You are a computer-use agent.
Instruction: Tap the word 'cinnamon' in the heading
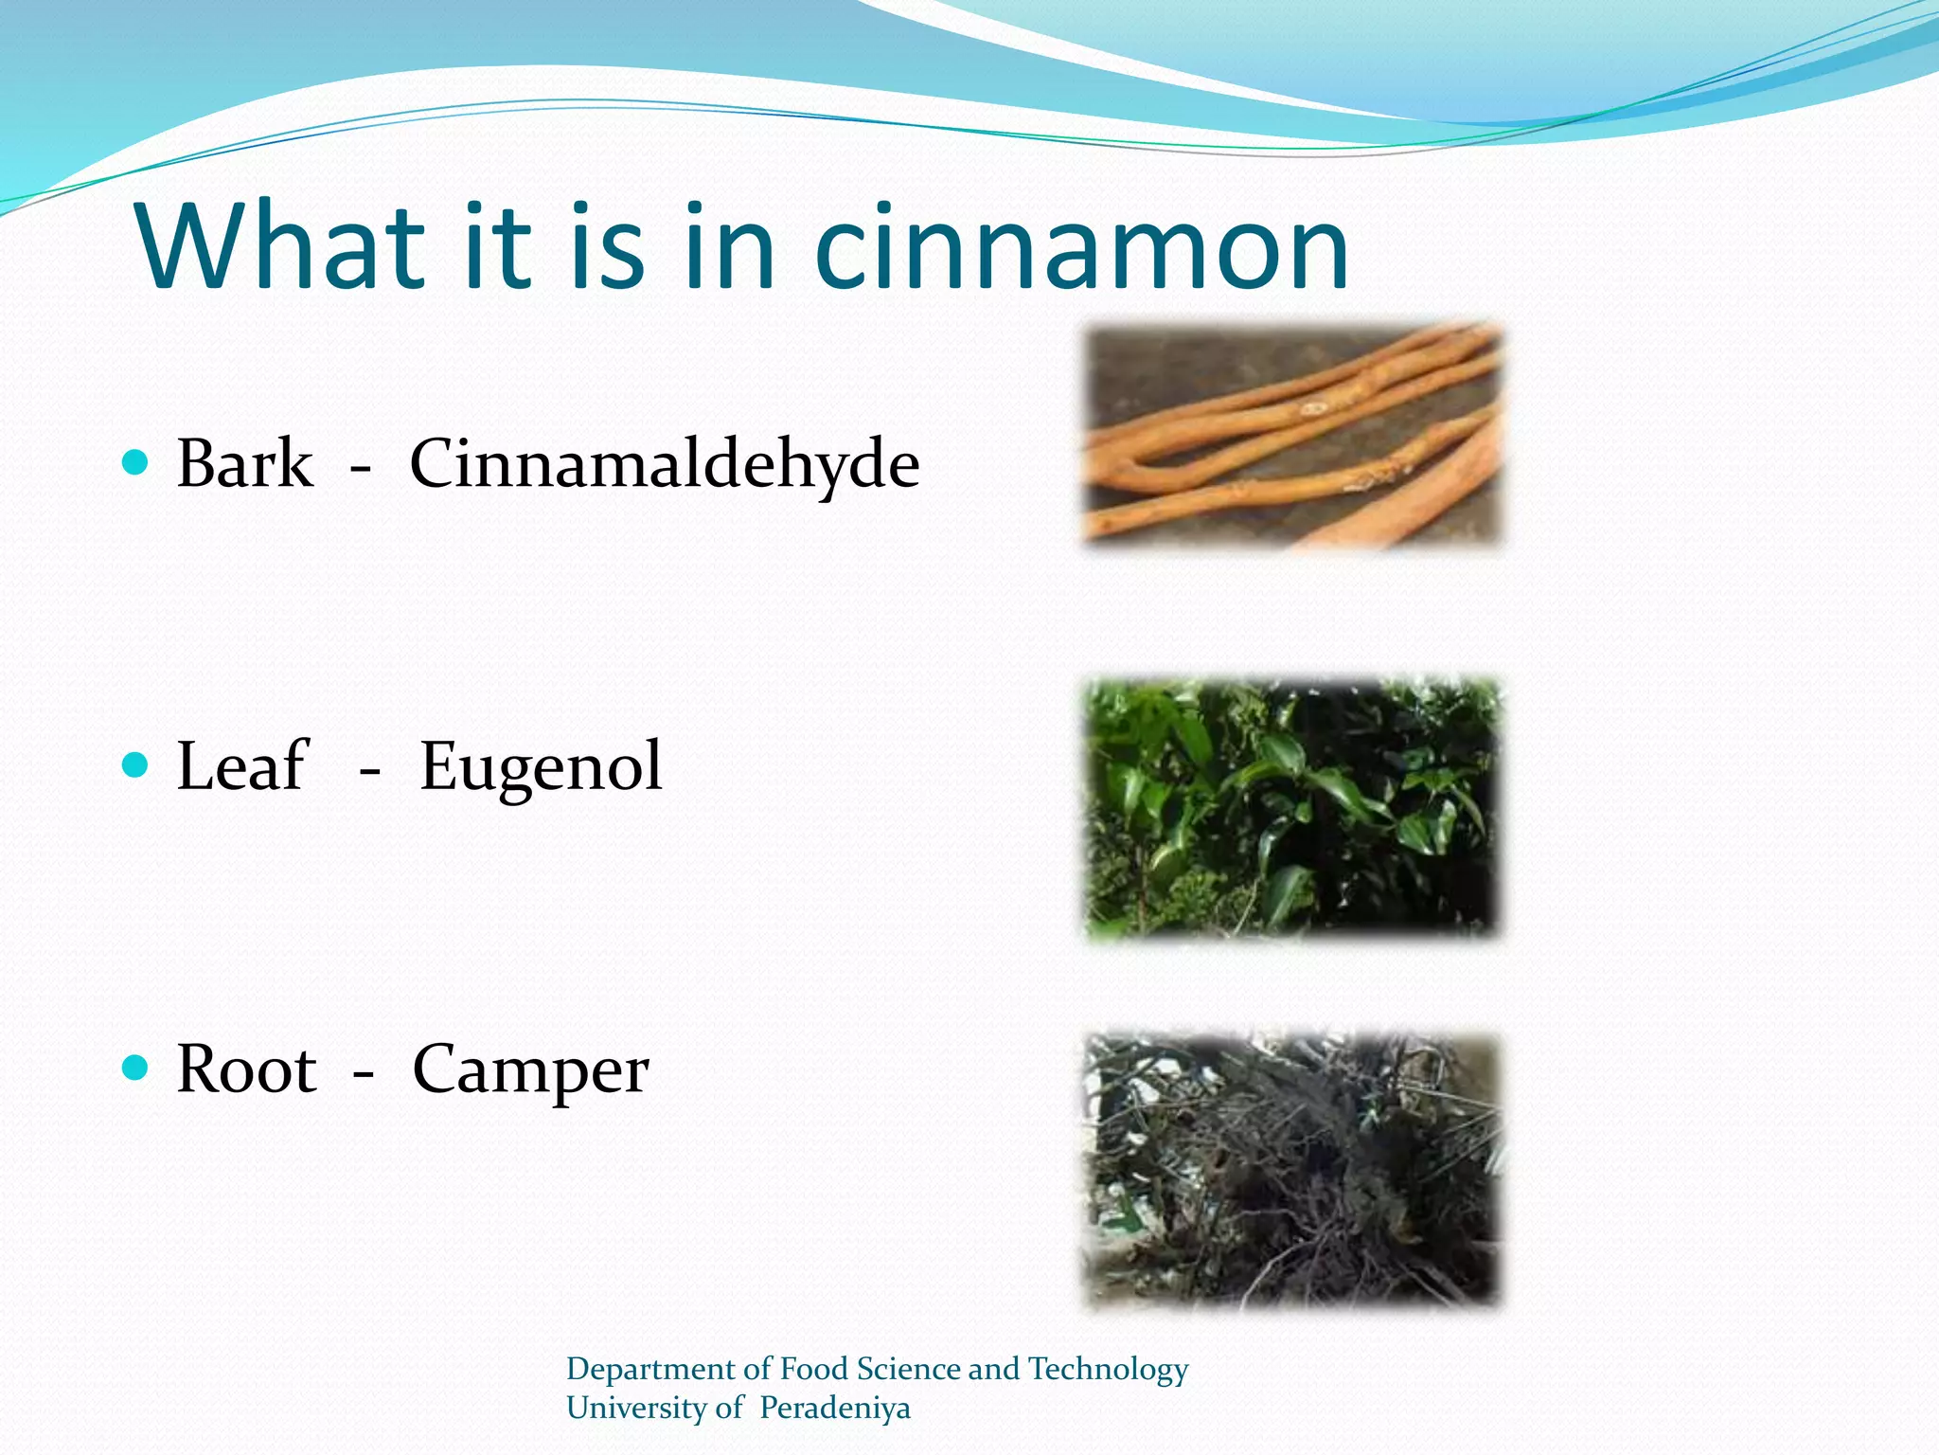(1080, 248)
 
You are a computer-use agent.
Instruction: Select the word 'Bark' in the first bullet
(244, 464)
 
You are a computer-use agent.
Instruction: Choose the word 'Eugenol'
(541, 768)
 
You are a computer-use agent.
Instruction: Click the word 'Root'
(246, 1069)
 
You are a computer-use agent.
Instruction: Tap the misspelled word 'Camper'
(530, 1071)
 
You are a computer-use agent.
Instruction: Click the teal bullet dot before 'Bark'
(136, 462)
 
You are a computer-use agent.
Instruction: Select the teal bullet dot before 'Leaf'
(136, 764)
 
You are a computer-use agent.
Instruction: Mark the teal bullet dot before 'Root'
(136, 1068)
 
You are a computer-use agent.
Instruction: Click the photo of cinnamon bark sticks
(1292, 436)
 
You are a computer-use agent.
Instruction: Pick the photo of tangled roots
(1292, 1170)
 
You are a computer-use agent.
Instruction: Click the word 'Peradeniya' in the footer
(834, 1408)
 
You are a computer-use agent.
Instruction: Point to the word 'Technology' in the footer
(1107, 1369)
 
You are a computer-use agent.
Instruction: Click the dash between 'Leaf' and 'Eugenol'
(369, 774)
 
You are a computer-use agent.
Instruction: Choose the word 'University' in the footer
(637, 1408)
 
